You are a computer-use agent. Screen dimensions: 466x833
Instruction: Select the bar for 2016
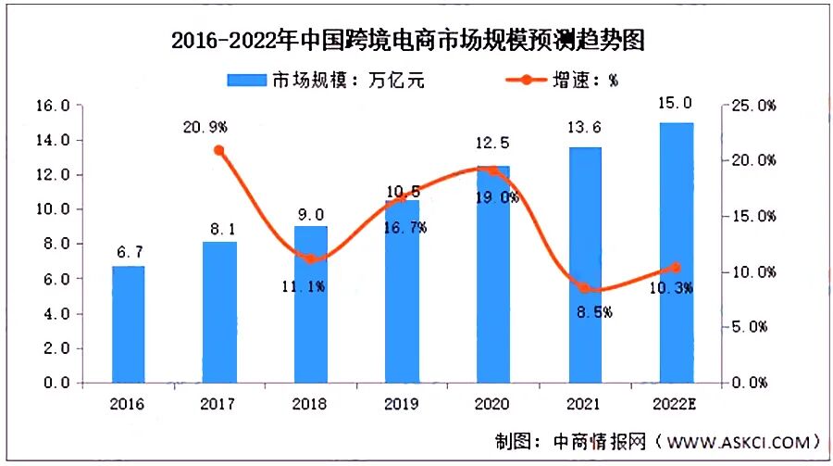tap(128, 324)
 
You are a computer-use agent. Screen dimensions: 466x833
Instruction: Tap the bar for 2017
tap(219, 312)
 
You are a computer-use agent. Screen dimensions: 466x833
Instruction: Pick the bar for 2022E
tap(677, 252)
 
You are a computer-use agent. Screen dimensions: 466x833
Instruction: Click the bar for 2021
tap(585, 264)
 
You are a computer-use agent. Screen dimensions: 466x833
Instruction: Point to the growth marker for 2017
tap(219, 150)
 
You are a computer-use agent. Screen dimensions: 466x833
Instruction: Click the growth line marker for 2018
tap(311, 259)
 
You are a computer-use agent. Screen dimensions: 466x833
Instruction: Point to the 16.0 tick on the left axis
tap(53, 106)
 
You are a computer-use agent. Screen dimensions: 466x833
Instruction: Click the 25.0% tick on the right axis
tap(753, 106)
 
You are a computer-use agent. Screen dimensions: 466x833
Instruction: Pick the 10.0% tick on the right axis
tap(753, 271)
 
